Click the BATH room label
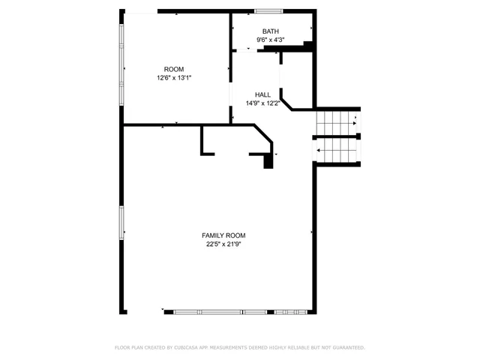point(270,31)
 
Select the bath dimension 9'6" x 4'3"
point(270,40)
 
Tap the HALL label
point(262,94)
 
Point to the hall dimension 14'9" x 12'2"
point(262,103)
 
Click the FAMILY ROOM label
point(224,235)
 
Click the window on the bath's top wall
point(268,11)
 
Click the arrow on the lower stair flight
point(320,150)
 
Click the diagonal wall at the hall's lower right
point(286,103)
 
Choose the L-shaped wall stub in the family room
point(203,142)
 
